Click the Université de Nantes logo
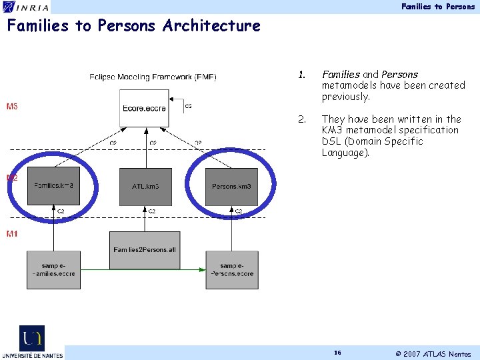[x=32, y=342]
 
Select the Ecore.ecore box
[x=145, y=108]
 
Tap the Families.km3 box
[x=54, y=186]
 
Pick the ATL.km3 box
[x=145, y=186]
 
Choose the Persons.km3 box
[x=232, y=186]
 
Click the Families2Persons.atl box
[x=145, y=250]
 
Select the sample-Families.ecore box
[x=53, y=269]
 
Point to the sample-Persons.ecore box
[x=232, y=269]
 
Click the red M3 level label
[x=12, y=107]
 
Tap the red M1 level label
[x=12, y=234]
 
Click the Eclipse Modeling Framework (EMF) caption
[x=153, y=77]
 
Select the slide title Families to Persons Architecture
[x=133, y=26]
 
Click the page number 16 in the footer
[x=337, y=352]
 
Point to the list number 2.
[x=302, y=119]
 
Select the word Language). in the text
[x=345, y=153]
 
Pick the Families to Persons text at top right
[x=438, y=7]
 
